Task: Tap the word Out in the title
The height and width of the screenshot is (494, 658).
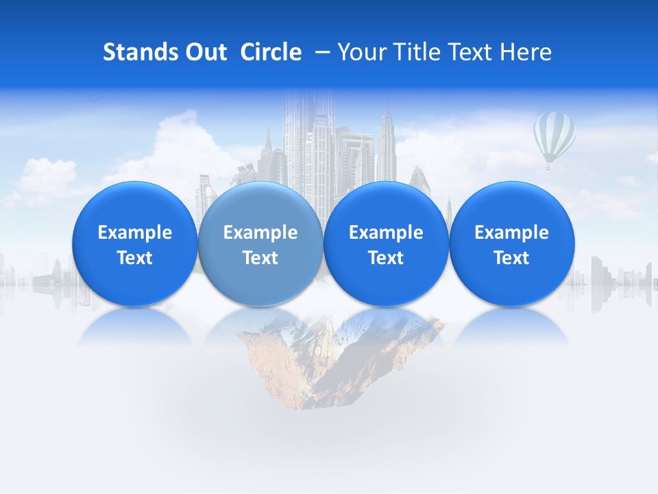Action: (205, 52)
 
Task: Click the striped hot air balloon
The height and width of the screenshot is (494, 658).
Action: (554, 136)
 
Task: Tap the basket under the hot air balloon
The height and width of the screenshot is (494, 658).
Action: (548, 167)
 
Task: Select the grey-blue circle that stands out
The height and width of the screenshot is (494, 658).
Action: (260, 244)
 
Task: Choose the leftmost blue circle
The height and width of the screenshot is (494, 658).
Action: (134, 244)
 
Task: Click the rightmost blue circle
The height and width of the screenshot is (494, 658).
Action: (511, 244)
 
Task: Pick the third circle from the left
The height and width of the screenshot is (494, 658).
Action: (386, 244)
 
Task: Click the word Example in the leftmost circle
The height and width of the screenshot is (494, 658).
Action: (134, 233)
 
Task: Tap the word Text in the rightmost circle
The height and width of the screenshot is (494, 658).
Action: (511, 258)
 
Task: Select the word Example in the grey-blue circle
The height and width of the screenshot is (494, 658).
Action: (260, 233)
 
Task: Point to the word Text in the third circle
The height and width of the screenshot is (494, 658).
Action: (386, 258)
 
